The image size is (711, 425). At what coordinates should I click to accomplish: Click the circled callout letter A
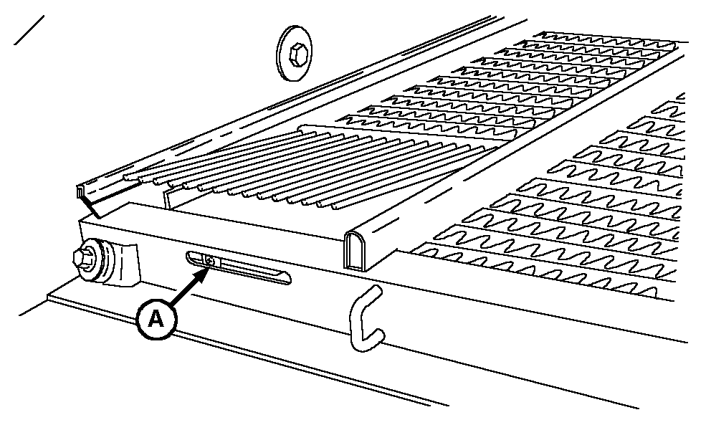coord(156,319)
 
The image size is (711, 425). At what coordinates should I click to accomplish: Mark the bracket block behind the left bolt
coord(127,265)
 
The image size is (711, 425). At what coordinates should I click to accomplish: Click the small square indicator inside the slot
coord(210,261)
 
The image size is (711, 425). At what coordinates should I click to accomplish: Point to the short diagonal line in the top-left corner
coord(29,30)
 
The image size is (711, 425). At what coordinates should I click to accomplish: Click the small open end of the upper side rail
coord(81,191)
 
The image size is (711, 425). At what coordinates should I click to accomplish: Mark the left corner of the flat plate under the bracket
coord(48,297)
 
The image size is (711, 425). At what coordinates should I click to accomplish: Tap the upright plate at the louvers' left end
coord(168,199)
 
